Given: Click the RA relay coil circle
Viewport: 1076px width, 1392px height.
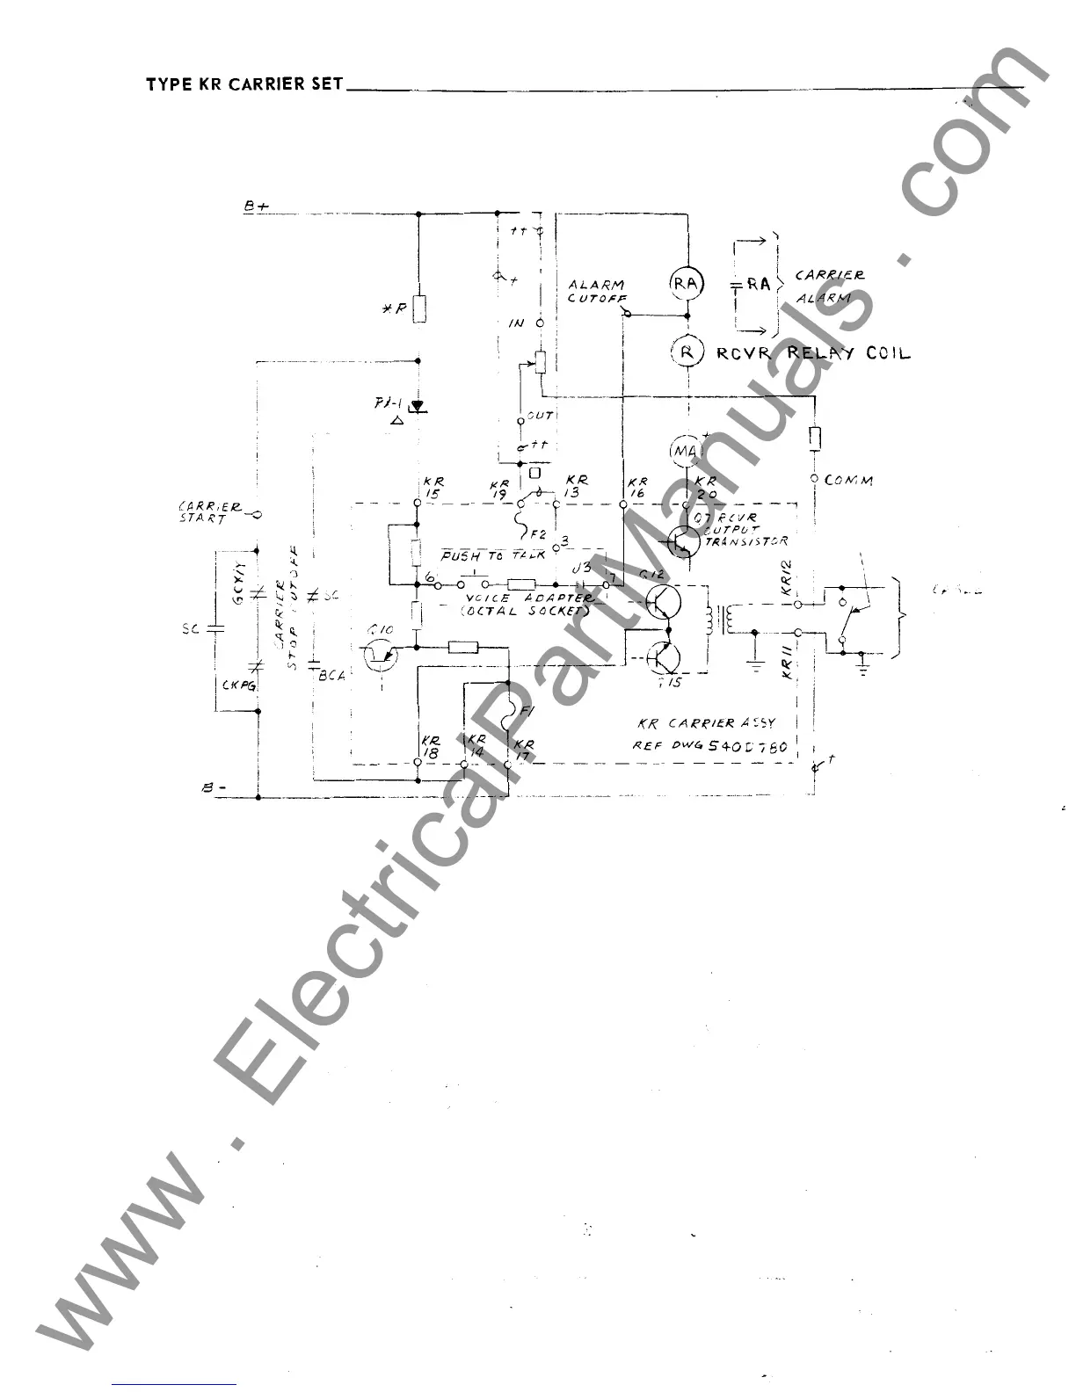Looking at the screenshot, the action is coord(686,283).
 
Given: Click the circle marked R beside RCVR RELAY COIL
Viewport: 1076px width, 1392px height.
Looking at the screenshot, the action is coord(686,352).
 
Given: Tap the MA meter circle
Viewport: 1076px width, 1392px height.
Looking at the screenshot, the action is coord(685,451).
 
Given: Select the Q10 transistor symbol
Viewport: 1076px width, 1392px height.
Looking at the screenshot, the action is coord(379,655).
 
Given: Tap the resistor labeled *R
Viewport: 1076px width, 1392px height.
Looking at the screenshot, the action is coord(419,309).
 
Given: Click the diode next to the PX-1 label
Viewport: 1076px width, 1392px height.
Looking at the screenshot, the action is coord(418,407).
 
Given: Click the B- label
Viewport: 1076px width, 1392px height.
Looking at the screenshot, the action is coord(214,789).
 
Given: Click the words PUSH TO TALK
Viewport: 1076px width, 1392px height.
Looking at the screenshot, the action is coord(493,556).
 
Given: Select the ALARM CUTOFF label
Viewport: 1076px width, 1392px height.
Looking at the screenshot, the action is coord(596,291).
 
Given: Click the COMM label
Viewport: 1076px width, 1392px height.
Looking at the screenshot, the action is coord(848,481).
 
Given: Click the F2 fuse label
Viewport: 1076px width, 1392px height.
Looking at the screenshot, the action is coord(538,533).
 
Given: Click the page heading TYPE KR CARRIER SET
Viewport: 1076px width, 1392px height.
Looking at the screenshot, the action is coord(244,85).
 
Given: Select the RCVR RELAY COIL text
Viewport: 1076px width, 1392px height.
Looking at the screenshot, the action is coord(813,353).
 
